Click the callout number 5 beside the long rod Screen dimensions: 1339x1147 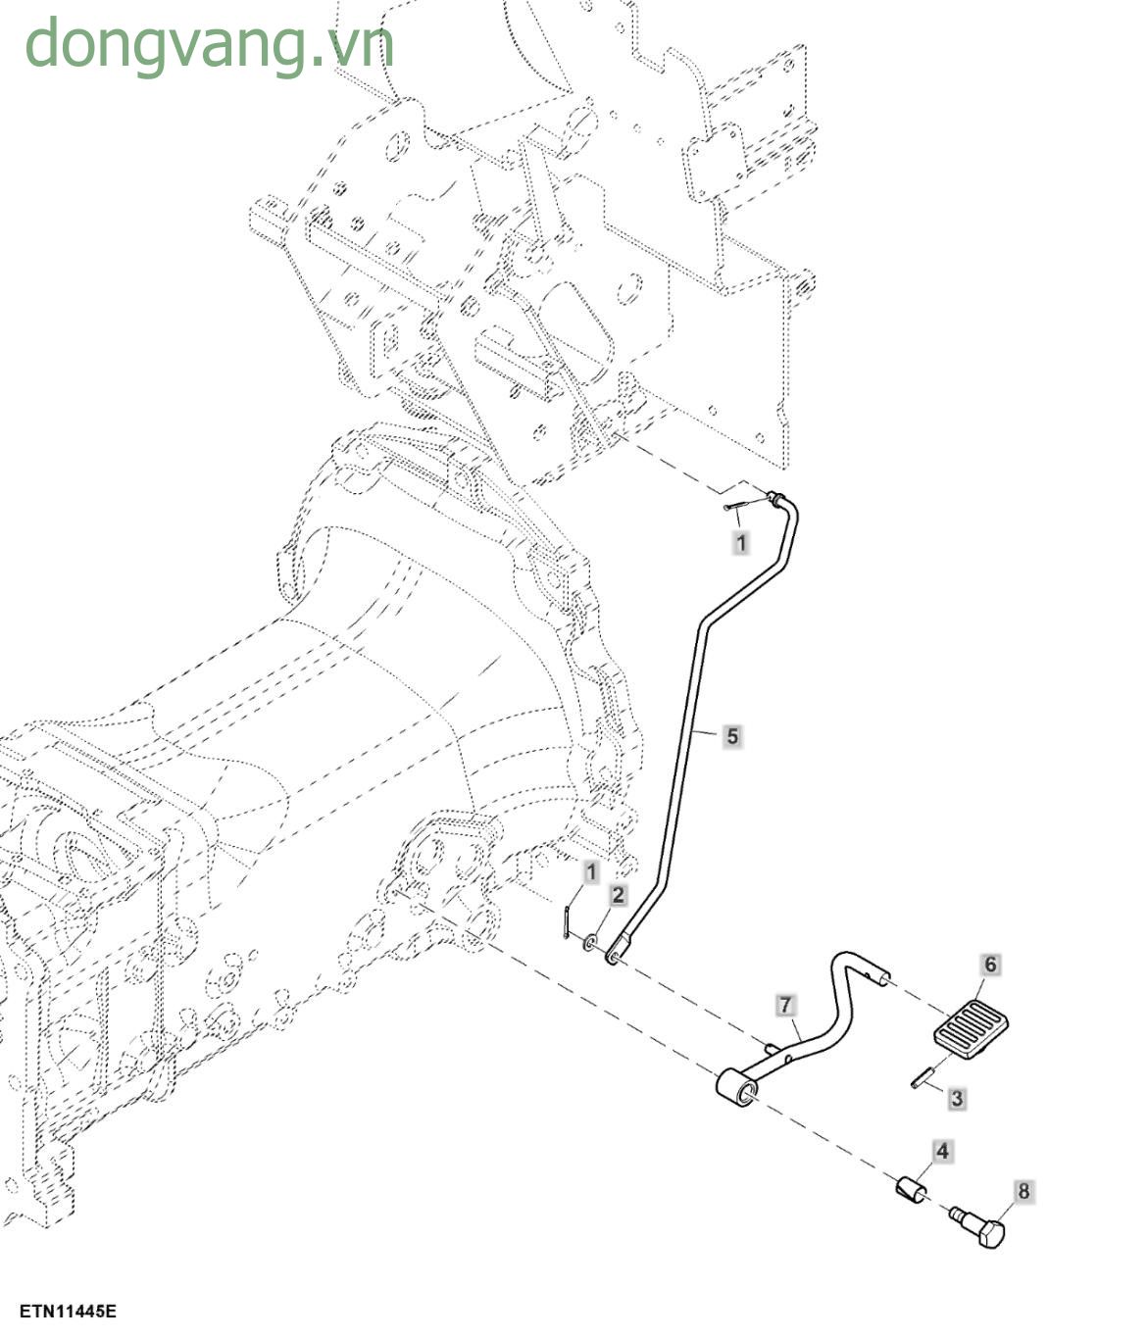pyautogui.click(x=732, y=736)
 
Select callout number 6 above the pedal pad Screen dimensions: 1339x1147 pyautogui.click(x=990, y=966)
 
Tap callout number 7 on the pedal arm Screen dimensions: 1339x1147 pyautogui.click(x=785, y=1005)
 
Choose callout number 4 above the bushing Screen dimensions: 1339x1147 pyautogui.click(x=942, y=1151)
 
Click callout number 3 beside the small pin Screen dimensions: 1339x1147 pyautogui.click(x=957, y=1098)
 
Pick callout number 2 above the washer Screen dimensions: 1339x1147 pyautogui.click(x=618, y=895)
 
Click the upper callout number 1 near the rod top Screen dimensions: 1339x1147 pyautogui.click(x=741, y=542)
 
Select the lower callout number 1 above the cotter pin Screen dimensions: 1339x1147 pyautogui.click(x=590, y=872)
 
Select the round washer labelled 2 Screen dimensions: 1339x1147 pyautogui.click(x=592, y=942)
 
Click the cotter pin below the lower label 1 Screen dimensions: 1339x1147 pyautogui.click(x=569, y=922)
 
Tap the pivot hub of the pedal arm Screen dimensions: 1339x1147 pyautogui.click(x=737, y=1088)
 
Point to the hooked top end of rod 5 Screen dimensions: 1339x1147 pyautogui.click(x=779, y=501)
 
